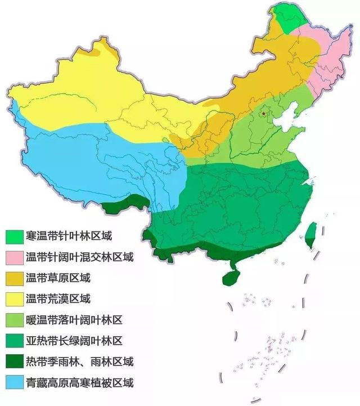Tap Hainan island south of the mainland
[232, 276]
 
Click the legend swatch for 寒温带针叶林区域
[15, 236]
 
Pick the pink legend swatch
[15, 257]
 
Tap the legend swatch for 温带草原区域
[15, 278]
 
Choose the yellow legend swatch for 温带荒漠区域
[15, 299]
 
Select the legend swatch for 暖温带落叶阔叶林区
[15, 320]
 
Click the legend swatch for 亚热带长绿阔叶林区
[15, 341]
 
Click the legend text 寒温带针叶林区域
[73, 236]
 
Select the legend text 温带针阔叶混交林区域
[79, 257]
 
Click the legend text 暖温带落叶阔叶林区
[74, 320]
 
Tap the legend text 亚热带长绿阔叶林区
[74, 341]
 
